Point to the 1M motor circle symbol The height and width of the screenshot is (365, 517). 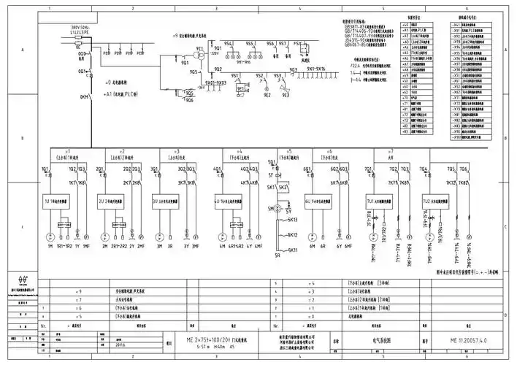tap(49, 237)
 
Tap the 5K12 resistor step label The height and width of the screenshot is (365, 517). tap(292, 234)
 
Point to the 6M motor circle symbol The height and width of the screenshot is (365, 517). tap(312, 237)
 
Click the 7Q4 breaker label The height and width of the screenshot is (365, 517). tap(424, 169)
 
